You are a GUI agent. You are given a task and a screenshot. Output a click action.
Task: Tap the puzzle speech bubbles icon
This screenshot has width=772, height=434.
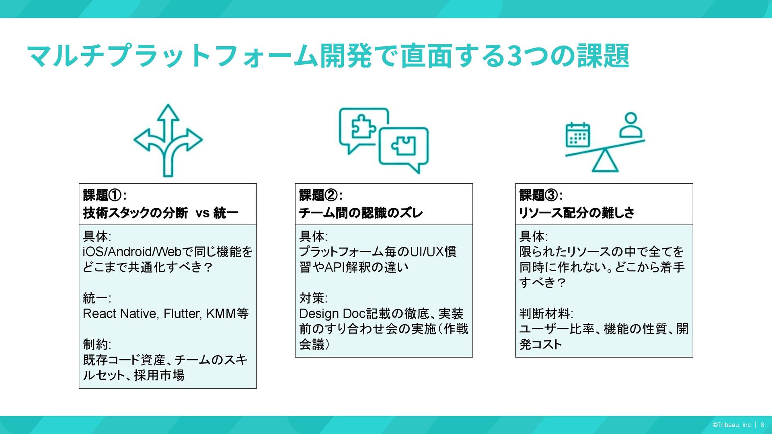click(x=384, y=140)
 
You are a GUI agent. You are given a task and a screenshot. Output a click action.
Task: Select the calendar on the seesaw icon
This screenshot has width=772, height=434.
click(x=578, y=135)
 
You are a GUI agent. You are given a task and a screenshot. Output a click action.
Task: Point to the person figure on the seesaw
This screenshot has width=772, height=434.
click(x=631, y=126)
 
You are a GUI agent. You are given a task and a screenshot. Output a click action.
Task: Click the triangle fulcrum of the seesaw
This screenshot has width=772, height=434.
click(x=605, y=161)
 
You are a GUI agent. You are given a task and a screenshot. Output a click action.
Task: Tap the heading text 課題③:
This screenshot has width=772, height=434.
click(x=541, y=195)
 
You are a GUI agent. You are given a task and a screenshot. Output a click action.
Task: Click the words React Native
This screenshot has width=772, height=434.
click(x=119, y=313)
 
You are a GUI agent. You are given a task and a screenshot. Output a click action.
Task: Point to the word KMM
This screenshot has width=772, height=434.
click(x=221, y=313)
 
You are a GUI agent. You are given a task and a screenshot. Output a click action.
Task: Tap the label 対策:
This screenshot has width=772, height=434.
click(x=313, y=298)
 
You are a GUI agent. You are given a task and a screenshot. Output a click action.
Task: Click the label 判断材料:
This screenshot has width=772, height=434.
click(x=546, y=313)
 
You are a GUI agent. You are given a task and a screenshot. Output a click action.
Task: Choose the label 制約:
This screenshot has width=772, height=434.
click(x=97, y=344)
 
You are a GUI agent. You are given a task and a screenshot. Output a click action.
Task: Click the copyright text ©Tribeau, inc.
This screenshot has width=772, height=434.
click(x=732, y=425)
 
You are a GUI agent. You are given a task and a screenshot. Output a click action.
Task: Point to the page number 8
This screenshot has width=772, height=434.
click(x=762, y=425)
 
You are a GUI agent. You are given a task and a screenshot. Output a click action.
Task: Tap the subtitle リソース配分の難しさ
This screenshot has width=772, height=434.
click(x=577, y=213)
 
